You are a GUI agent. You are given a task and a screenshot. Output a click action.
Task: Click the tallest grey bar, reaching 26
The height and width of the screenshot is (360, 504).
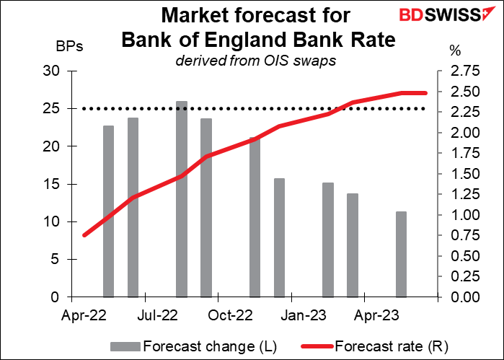(x=182, y=198)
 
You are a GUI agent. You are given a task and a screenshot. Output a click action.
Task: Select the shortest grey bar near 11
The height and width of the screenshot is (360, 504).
(x=402, y=254)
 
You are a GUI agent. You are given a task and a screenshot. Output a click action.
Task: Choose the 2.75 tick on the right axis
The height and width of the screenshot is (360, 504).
(x=459, y=71)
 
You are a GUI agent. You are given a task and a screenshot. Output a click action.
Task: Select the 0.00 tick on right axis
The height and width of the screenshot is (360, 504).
(x=459, y=297)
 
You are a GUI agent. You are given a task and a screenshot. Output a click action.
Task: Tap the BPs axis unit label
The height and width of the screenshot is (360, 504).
(x=70, y=48)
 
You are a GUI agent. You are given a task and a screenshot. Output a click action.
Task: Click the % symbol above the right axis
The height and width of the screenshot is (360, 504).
(x=454, y=51)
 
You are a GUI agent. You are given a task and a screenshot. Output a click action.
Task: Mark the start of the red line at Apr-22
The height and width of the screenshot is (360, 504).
(x=84, y=235)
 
